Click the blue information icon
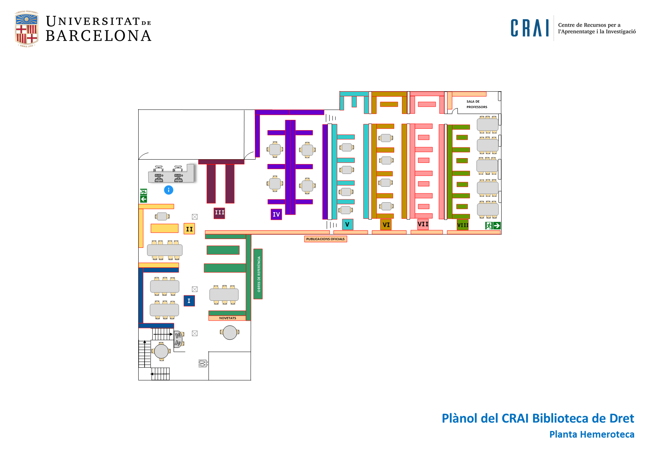point(168,190)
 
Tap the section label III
point(219,213)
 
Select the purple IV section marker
point(276,214)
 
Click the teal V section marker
point(347,224)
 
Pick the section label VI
point(386,224)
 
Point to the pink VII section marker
point(423,224)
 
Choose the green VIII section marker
point(463,225)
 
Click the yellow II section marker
point(189,229)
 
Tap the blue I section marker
point(189,301)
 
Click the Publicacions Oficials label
point(325,239)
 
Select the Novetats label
point(227,318)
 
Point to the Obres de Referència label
point(259,274)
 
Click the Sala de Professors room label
point(477,104)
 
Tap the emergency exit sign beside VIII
point(493,225)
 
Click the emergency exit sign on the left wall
point(143,195)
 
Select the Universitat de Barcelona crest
point(26,29)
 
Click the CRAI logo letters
point(530,28)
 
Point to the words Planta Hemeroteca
point(591,434)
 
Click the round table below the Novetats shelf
point(230,332)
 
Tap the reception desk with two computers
point(171,174)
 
